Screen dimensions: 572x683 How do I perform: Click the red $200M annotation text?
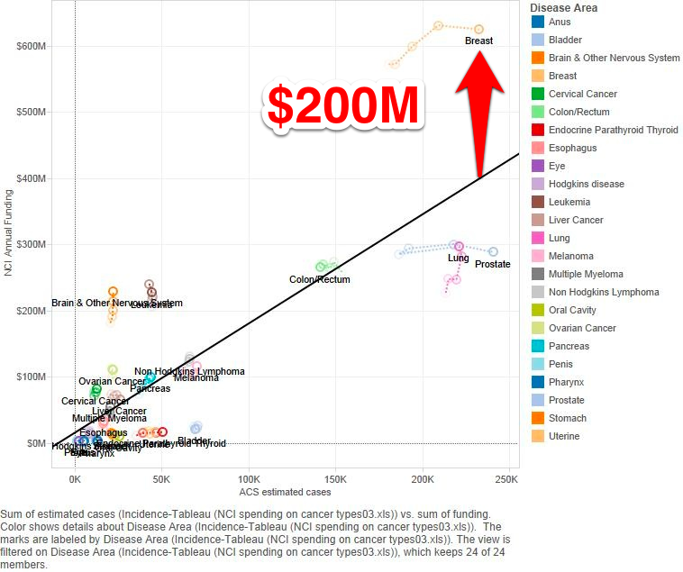click(x=342, y=106)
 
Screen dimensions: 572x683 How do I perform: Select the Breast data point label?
click(x=478, y=41)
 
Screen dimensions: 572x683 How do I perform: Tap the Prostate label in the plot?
click(x=492, y=264)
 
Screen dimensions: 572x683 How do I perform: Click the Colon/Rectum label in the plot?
click(x=319, y=279)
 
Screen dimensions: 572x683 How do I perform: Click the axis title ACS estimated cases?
click(x=285, y=492)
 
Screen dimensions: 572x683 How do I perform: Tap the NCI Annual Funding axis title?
click(x=9, y=232)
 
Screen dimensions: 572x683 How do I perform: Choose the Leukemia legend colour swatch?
click(x=537, y=202)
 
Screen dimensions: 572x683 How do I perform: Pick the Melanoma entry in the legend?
click(x=571, y=256)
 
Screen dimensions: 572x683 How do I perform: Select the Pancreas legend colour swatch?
click(x=537, y=346)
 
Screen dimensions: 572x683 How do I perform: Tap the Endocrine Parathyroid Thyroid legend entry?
click(x=613, y=130)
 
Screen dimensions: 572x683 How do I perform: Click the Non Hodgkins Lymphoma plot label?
click(x=189, y=371)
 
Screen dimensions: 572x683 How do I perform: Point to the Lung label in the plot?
click(x=458, y=258)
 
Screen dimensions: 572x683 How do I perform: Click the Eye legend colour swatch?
click(x=537, y=166)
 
